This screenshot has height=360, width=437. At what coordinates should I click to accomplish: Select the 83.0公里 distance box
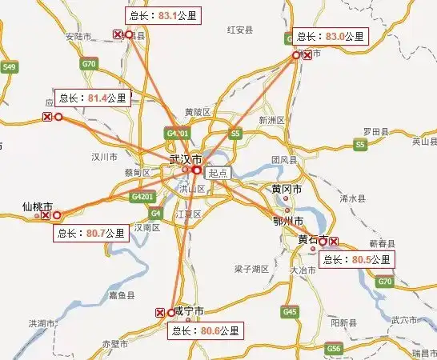coord(331,36)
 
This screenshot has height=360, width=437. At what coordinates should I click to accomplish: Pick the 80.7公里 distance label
coord(91,234)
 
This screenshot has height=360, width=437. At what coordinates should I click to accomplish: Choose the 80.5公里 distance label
coord(356,259)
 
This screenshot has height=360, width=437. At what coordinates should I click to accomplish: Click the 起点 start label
coord(218,172)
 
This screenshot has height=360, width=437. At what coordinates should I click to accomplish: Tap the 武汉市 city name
coord(185,160)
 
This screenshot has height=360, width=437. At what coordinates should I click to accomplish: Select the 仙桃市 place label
coord(37,207)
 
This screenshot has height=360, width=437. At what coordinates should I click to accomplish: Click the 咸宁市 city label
coord(189,310)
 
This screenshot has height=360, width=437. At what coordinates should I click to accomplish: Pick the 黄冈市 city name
coord(287,190)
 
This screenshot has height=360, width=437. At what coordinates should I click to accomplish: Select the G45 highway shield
coord(290,311)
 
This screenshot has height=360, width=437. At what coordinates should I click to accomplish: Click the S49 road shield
coord(10,67)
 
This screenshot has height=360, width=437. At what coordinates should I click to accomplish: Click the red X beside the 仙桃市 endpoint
coord(46,215)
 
